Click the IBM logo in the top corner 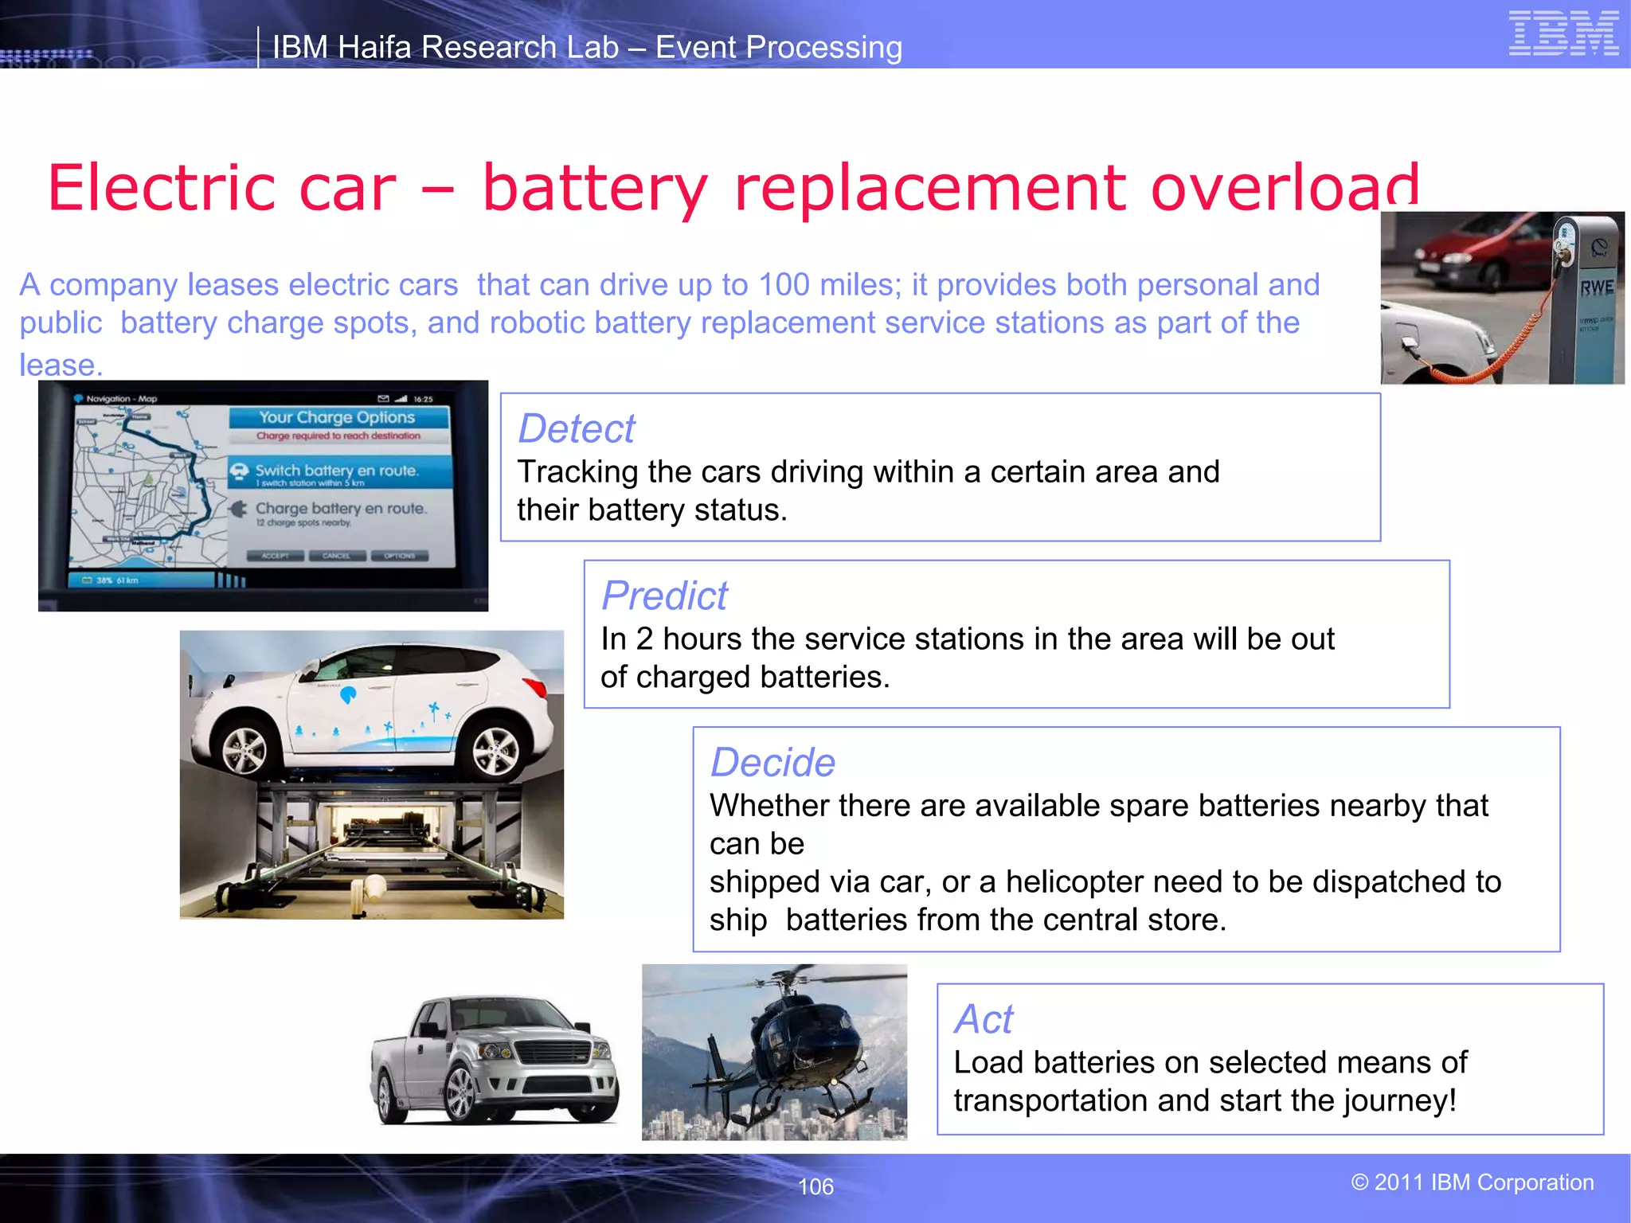tap(1563, 34)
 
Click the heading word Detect tap(577, 429)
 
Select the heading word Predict tap(664, 596)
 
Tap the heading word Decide tap(772, 763)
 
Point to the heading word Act tap(984, 1019)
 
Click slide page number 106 tap(815, 1186)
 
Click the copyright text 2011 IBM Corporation tap(1473, 1182)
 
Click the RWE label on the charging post tap(1596, 287)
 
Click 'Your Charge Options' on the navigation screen tap(337, 417)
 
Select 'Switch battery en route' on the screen tap(336, 471)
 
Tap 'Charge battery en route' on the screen tap(340, 508)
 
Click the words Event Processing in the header tap(778, 48)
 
